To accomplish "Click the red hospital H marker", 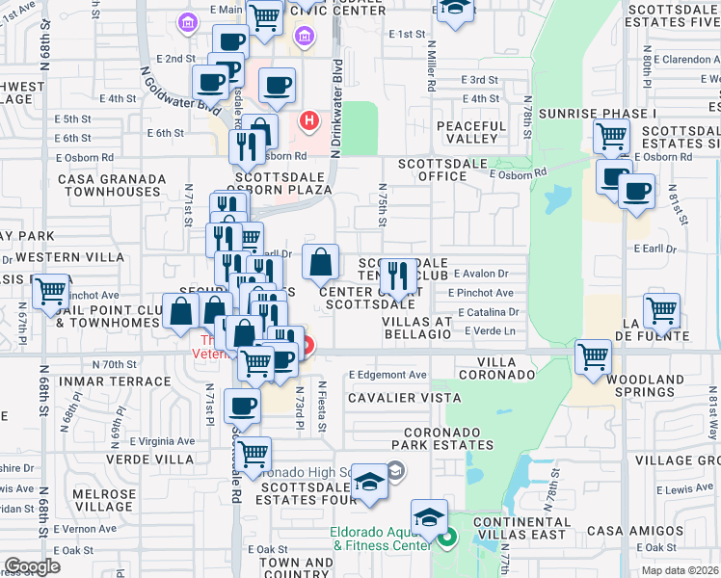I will [x=308, y=121].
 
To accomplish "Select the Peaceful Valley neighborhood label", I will [x=479, y=132].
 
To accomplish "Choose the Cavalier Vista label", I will [x=404, y=397].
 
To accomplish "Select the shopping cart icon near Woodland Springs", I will [x=593, y=357].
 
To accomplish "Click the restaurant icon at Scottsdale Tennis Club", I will [x=398, y=275].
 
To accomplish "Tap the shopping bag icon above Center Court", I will [x=320, y=261].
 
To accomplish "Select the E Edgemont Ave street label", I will [x=387, y=374].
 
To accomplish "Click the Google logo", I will [x=32, y=566].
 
